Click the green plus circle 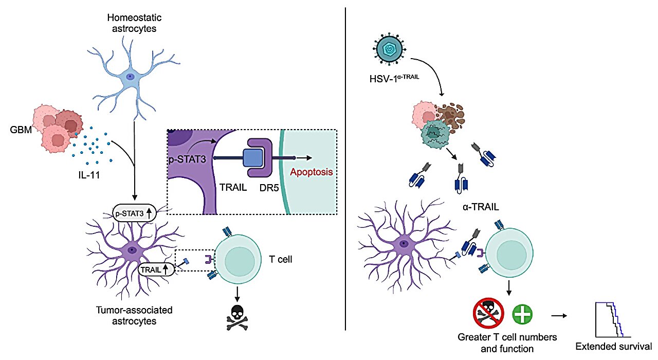(523, 313)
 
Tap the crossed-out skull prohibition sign (488, 313)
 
